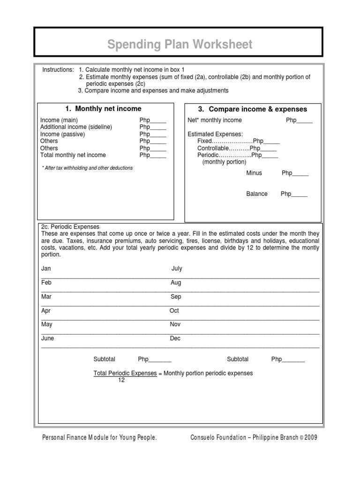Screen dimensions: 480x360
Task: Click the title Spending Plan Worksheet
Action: coord(180,45)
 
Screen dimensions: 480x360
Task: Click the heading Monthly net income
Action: coord(104,109)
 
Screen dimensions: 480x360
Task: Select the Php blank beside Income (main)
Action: coord(152,120)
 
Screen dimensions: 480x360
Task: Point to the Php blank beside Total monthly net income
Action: coord(152,155)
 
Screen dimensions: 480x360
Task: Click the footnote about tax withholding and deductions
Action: coord(87,168)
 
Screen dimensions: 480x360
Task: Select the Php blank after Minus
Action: coord(295,173)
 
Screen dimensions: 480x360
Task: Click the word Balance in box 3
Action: coord(257,194)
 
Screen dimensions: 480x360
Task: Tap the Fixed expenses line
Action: coord(238,141)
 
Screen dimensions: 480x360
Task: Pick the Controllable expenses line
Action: coord(237,148)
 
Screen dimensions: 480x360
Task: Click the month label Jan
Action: coord(46,269)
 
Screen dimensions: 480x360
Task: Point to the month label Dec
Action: coord(175,338)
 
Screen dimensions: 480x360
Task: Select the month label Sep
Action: coord(175,297)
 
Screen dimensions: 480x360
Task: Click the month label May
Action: coord(47,324)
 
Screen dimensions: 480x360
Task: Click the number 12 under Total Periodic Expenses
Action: coord(121,380)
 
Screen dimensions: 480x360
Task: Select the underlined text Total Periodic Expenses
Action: coord(125,373)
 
